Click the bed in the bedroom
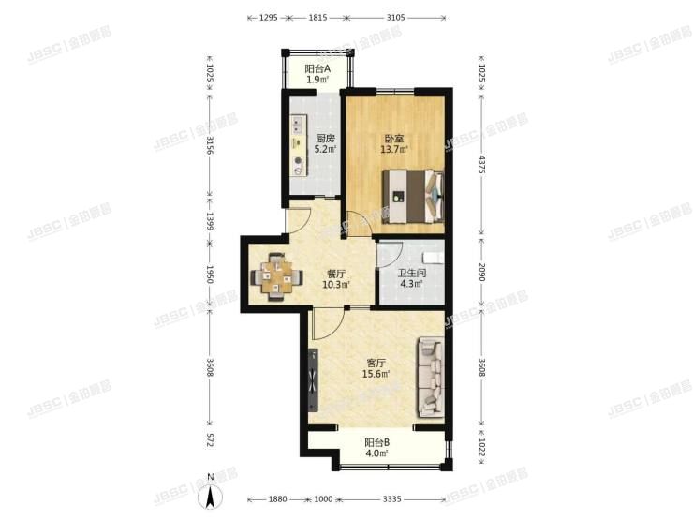point(410,196)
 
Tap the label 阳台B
point(377,443)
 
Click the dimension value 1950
point(211,275)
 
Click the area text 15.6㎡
point(377,374)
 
